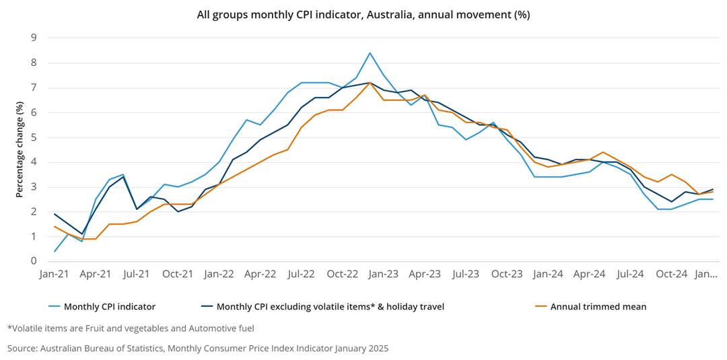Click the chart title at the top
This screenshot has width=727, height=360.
pyautogui.click(x=363, y=14)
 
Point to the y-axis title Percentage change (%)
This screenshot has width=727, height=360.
pyautogui.click(x=20, y=149)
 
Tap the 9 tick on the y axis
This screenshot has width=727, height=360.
pyautogui.click(x=33, y=38)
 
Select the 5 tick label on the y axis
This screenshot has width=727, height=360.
pyautogui.click(x=33, y=138)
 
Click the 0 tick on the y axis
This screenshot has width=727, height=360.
pyautogui.click(x=33, y=262)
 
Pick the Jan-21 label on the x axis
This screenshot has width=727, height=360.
pyautogui.click(x=55, y=275)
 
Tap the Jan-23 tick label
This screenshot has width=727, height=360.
pyautogui.click(x=384, y=275)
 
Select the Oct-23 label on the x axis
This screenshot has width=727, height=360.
pyautogui.click(x=507, y=275)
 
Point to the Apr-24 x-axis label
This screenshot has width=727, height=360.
pyautogui.click(x=590, y=275)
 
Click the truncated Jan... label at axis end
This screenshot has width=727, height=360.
pyautogui.click(x=706, y=275)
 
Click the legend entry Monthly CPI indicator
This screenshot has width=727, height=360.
pyautogui.click(x=109, y=307)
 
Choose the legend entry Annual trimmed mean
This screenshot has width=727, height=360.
pyautogui.click(x=598, y=307)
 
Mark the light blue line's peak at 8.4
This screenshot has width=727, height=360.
pyautogui.click(x=370, y=53)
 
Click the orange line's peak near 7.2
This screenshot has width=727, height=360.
pyautogui.click(x=370, y=83)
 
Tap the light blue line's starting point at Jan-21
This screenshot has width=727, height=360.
pyautogui.click(x=55, y=252)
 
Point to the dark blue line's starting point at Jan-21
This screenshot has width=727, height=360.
pyautogui.click(x=55, y=214)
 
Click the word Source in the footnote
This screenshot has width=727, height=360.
pyautogui.click(x=22, y=349)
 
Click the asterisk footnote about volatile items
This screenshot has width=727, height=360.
pyautogui.click(x=131, y=328)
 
